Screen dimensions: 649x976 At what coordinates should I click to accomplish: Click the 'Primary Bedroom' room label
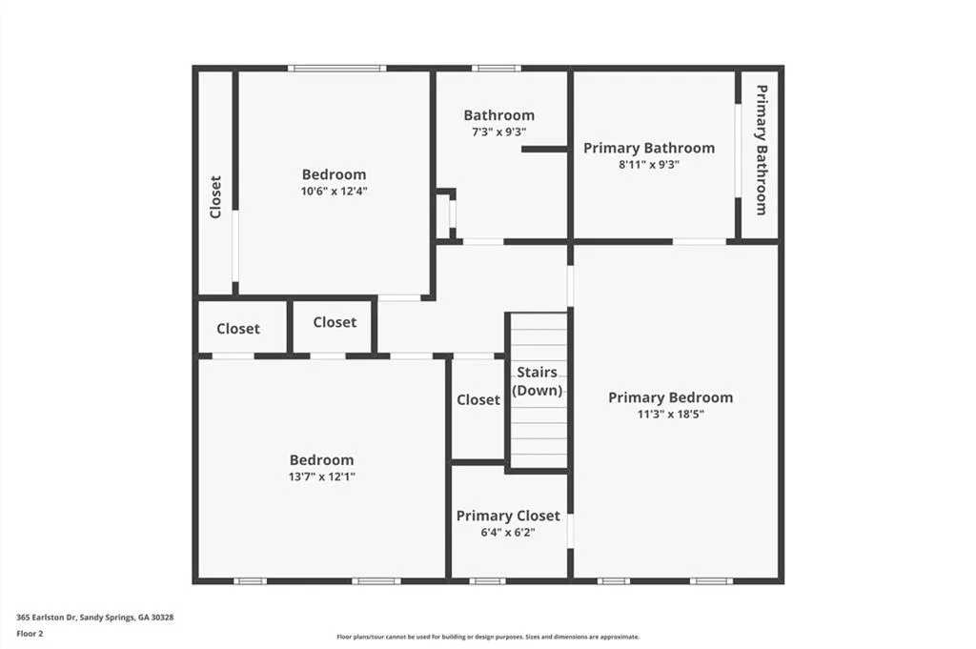pos(670,397)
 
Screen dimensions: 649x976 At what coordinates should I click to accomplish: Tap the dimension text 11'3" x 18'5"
pos(670,414)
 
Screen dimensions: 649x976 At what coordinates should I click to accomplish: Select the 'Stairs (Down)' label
pos(538,381)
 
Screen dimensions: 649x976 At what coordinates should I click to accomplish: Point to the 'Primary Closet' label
pos(508,516)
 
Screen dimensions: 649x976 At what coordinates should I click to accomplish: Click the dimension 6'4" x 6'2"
pos(508,532)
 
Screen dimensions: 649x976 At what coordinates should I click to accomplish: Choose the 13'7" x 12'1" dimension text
pos(322,476)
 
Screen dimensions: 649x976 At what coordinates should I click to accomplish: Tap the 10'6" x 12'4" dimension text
pos(334,191)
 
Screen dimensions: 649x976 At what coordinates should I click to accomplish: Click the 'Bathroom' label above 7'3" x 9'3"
pos(499,115)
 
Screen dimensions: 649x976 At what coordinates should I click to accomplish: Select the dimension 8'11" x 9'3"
pos(649,164)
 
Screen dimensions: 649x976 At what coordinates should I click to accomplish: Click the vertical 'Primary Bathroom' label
pos(762,150)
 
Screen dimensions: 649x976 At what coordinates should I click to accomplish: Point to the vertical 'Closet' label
pos(215,196)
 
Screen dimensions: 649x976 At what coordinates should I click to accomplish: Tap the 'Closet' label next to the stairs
pos(478,400)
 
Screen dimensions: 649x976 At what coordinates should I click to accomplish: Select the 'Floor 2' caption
pos(30,632)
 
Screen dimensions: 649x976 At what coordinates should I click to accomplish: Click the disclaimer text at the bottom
pos(487,637)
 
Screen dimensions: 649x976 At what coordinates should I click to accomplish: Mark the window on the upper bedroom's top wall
pos(337,68)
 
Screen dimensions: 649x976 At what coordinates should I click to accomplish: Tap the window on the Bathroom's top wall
pos(496,68)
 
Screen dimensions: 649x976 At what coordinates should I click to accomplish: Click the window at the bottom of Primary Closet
pos(487,580)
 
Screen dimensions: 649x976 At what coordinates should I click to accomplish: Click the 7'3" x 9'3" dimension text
pos(499,132)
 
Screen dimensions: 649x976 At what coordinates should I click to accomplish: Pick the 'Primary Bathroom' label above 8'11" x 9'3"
pos(649,148)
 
